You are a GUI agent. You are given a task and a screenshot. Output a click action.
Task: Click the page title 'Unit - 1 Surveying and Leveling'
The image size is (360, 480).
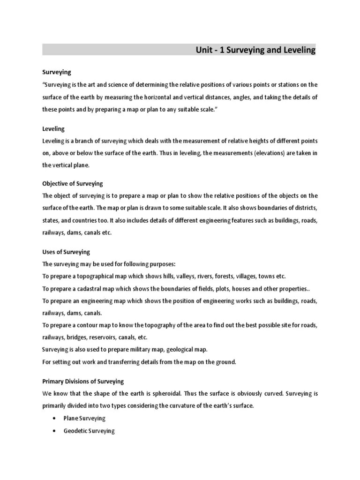click(x=255, y=50)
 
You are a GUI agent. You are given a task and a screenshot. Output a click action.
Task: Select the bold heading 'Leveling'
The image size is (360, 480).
click(x=53, y=128)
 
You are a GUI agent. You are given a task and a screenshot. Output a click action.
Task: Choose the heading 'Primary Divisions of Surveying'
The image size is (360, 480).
click(x=83, y=382)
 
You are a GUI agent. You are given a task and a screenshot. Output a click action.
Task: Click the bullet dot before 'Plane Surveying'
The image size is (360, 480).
click(x=55, y=418)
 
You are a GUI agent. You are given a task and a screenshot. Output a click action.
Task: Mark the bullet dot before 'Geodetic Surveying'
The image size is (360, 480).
click(x=55, y=431)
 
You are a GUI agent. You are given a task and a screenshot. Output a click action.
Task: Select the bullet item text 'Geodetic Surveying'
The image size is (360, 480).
click(x=89, y=431)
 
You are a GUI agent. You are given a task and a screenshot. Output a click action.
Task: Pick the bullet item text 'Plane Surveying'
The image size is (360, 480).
click(x=84, y=418)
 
